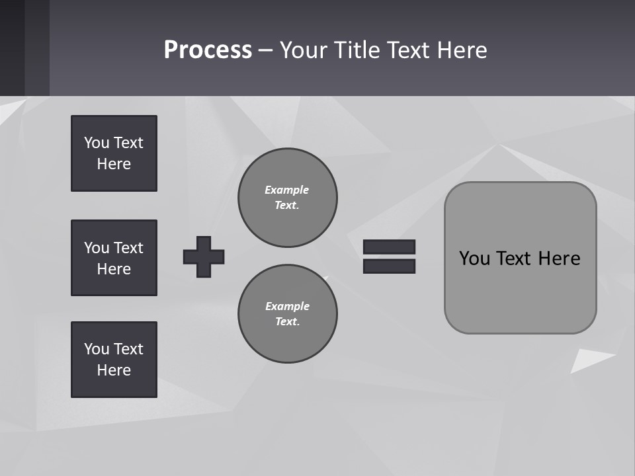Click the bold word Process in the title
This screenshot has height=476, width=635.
(208, 50)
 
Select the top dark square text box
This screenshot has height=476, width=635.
(114, 153)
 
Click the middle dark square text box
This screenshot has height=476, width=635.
(114, 258)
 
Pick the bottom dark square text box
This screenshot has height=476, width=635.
(114, 360)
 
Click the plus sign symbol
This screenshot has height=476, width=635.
(204, 257)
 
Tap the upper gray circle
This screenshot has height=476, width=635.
(288, 198)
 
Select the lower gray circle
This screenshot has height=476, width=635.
(288, 314)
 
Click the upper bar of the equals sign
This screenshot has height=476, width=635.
(389, 247)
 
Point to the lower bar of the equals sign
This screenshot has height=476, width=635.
(389, 266)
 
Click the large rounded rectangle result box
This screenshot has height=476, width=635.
(520, 258)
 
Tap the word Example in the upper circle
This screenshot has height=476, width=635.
(286, 190)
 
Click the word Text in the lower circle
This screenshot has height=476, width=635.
(286, 322)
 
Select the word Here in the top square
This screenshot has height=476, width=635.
(114, 164)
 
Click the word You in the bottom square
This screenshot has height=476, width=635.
(97, 349)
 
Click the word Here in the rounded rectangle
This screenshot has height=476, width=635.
(559, 258)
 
